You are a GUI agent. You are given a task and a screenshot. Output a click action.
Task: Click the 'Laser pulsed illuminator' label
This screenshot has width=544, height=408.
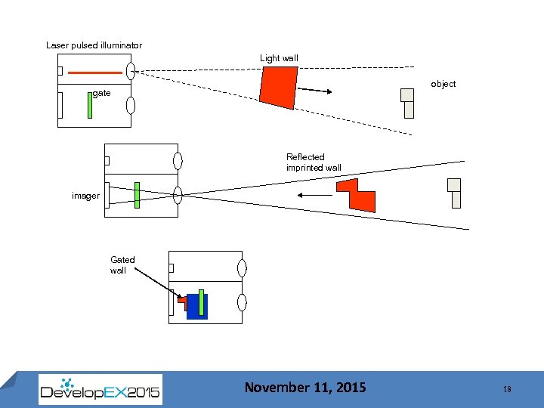tap(94, 45)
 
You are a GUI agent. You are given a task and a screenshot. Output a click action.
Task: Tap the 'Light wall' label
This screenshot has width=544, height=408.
tap(279, 58)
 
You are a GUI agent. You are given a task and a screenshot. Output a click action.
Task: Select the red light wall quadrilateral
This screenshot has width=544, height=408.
tap(279, 86)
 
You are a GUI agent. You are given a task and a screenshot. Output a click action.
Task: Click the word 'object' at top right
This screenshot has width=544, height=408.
tap(443, 84)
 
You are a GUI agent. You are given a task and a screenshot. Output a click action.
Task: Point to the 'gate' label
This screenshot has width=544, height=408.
tap(102, 93)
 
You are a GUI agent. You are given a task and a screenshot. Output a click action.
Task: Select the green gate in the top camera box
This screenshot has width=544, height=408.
tap(89, 104)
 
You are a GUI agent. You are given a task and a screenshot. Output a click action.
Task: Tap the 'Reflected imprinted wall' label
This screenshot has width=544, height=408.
tap(314, 162)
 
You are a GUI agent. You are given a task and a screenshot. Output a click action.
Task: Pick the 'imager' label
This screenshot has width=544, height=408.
tap(85, 196)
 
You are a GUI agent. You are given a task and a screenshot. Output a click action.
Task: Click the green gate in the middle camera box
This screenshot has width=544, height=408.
tap(137, 194)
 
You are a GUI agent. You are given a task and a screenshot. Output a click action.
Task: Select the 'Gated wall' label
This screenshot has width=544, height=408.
tap(122, 264)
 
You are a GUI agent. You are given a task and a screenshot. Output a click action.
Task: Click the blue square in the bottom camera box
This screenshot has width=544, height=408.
tap(196, 306)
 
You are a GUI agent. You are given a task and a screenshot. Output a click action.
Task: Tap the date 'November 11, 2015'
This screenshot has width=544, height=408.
tap(304, 388)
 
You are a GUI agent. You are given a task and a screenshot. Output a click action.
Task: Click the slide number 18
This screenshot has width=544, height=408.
tap(506, 388)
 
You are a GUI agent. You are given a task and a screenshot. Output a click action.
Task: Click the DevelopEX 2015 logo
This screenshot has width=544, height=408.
tap(100, 389)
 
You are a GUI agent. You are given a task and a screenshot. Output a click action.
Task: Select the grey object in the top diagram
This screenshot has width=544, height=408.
tap(408, 103)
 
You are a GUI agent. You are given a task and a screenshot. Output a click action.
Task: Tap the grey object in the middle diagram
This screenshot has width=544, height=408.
tap(454, 193)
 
